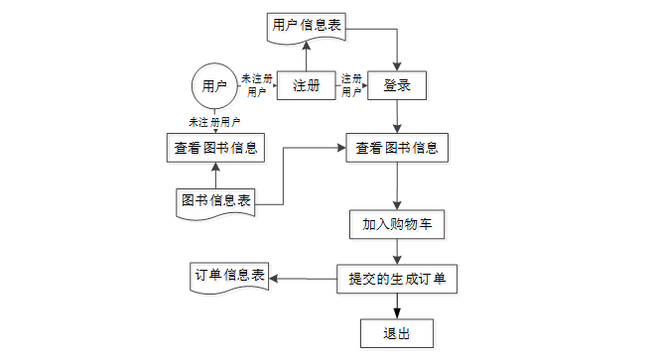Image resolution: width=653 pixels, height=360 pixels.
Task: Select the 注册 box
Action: click(306, 85)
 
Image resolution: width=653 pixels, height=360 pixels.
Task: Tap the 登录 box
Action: click(397, 85)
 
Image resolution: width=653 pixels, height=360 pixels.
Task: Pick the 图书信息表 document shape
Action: click(215, 203)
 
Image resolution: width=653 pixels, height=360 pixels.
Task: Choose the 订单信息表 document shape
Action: click(229, 278)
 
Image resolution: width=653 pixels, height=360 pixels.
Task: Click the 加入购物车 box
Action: click(397, 224)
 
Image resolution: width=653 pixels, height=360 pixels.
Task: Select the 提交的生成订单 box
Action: click(397, 279)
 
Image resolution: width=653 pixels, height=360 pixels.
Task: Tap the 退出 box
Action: click(397, 333)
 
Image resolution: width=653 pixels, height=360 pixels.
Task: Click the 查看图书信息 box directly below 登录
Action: click(397, 148)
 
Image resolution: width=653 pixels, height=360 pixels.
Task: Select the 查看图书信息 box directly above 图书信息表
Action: click(215, 148)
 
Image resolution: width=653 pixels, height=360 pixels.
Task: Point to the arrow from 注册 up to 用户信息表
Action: click(307, 57)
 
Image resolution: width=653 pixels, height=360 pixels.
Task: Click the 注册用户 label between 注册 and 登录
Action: click(351, 85)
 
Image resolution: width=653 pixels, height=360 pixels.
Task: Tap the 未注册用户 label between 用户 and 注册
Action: click(256, 85)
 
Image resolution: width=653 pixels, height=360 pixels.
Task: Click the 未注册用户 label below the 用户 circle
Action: click(214, 122)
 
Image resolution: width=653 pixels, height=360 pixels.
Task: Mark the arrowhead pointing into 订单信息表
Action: click(273, 279)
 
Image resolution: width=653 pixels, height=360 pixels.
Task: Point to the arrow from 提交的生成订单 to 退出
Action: click(397, 306)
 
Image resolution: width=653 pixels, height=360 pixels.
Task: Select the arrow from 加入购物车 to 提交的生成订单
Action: click(397, 252)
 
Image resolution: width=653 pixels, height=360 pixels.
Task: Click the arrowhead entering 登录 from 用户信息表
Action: click(397, 67)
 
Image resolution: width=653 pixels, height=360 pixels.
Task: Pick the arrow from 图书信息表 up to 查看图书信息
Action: click(215, 176)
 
